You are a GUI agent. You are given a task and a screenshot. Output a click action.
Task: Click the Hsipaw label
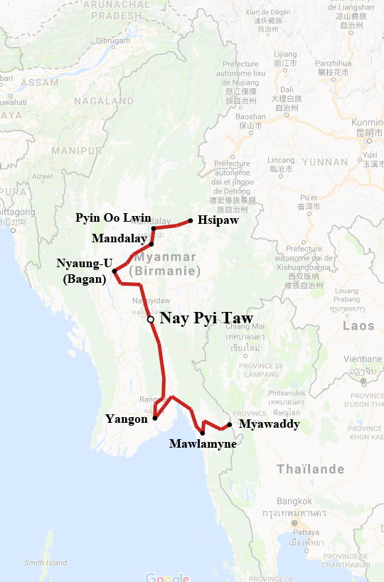[x=218, y=221]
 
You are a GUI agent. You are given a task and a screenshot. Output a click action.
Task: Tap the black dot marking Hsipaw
[x=191, y=220]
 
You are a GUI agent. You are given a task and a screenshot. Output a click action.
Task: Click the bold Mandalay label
[x=119, y=238]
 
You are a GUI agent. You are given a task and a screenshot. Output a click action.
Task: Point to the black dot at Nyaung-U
[x=115, y=271]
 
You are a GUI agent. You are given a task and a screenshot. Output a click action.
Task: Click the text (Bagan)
[x=84, y=279]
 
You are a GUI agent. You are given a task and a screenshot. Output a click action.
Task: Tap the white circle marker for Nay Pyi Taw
[x=151, y=320]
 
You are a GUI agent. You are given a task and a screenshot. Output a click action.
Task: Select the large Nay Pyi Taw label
[x=207, y=318]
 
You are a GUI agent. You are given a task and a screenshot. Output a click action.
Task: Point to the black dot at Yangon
[x=154, y=418]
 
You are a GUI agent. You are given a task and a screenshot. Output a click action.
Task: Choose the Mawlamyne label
[x=203, y=444]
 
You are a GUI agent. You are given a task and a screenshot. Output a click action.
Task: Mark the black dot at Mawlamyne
[x=203, y=432]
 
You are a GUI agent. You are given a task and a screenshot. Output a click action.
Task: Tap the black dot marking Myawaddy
[x=230, y=425]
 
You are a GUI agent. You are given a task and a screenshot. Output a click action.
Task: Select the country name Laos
[x=358, y=326]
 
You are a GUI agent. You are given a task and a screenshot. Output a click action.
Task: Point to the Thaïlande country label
[x=310, y=469]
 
